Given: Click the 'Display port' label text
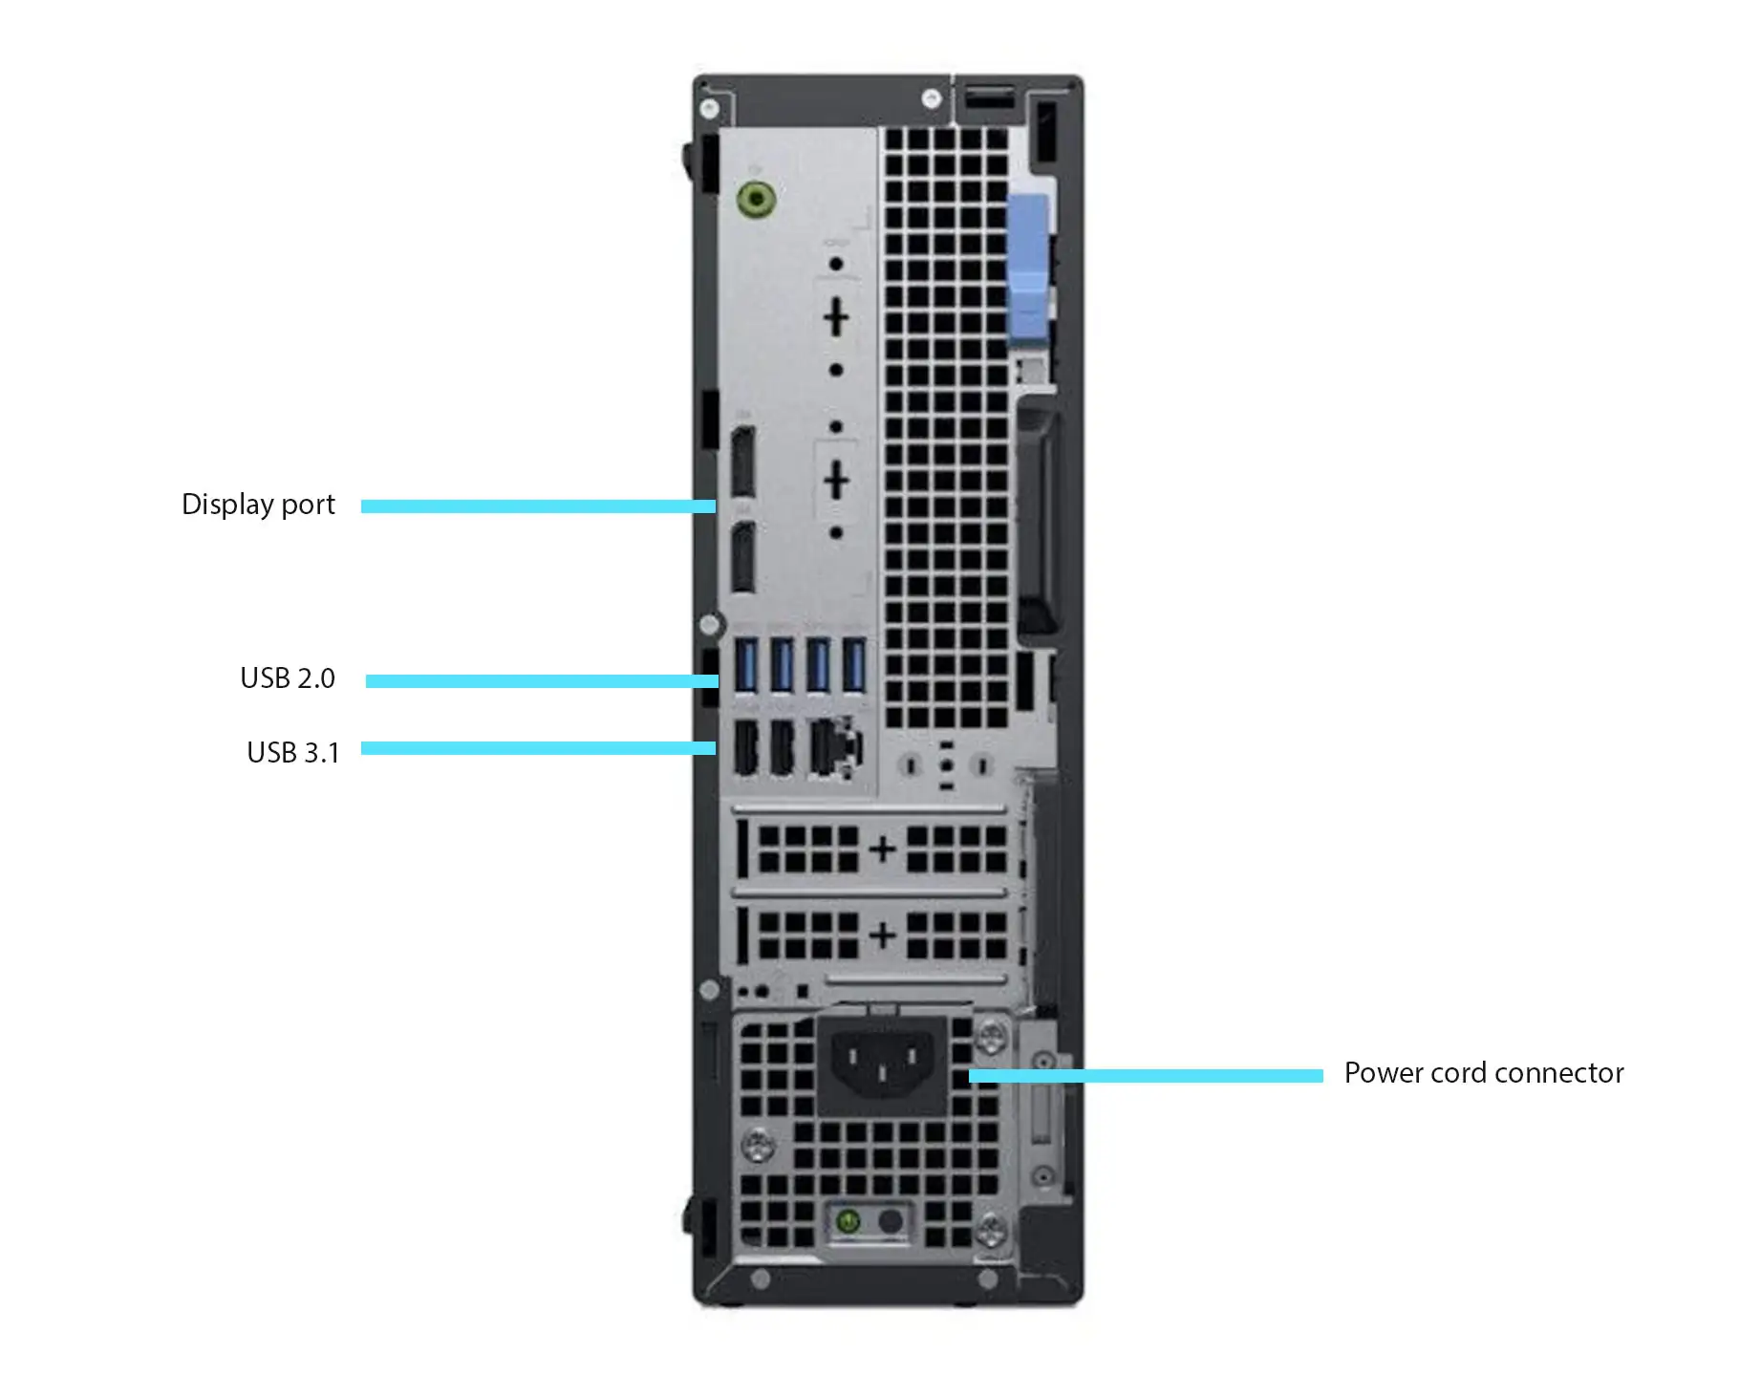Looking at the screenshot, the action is click(258, 505).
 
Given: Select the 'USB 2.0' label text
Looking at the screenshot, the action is click(288, 678).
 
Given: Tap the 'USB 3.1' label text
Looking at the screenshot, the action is click(293, 753).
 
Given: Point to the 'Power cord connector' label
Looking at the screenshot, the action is click(1484, 1073).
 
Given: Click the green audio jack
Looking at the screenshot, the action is click(756, 200).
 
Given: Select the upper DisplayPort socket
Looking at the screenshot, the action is click(742, 463).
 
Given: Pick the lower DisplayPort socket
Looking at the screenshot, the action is click(742, 558).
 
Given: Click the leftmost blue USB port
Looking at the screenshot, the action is click(746, 665).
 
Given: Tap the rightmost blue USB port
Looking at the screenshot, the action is click(853, 665).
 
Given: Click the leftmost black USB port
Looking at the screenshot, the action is click(745, 747).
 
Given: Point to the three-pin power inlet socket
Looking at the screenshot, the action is click(882, 1064).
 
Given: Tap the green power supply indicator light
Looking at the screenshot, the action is click(848, 1221).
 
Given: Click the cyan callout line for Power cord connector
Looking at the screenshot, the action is click(1146, 1076).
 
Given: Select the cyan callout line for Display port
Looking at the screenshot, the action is click(538, 506).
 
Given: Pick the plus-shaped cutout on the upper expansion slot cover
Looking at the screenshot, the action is click(883, 849).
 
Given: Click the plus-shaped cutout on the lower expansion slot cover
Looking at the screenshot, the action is click(883, 935).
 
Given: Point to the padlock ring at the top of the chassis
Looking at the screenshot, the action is click(990, 97).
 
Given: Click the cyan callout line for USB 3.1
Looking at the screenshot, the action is click(538, 748).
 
